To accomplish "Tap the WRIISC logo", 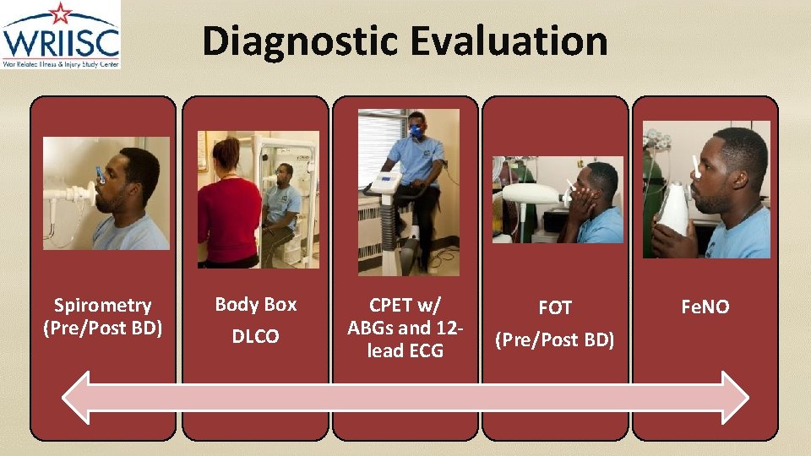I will point(60,36).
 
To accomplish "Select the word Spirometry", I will point(103,305).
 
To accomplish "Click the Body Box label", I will point(256,304).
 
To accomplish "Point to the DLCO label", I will point(256,337).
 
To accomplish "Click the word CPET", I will point(391,305).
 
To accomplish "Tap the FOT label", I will point(555,308).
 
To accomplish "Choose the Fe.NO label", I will point(705,307).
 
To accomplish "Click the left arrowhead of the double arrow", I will point(80,397).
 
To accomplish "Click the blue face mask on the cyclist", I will point(416,130).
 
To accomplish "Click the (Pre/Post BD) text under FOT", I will point(555,339).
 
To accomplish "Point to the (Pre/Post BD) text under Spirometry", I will point(103,328).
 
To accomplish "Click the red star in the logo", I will point(60,12).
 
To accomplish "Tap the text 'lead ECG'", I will point(405,350).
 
